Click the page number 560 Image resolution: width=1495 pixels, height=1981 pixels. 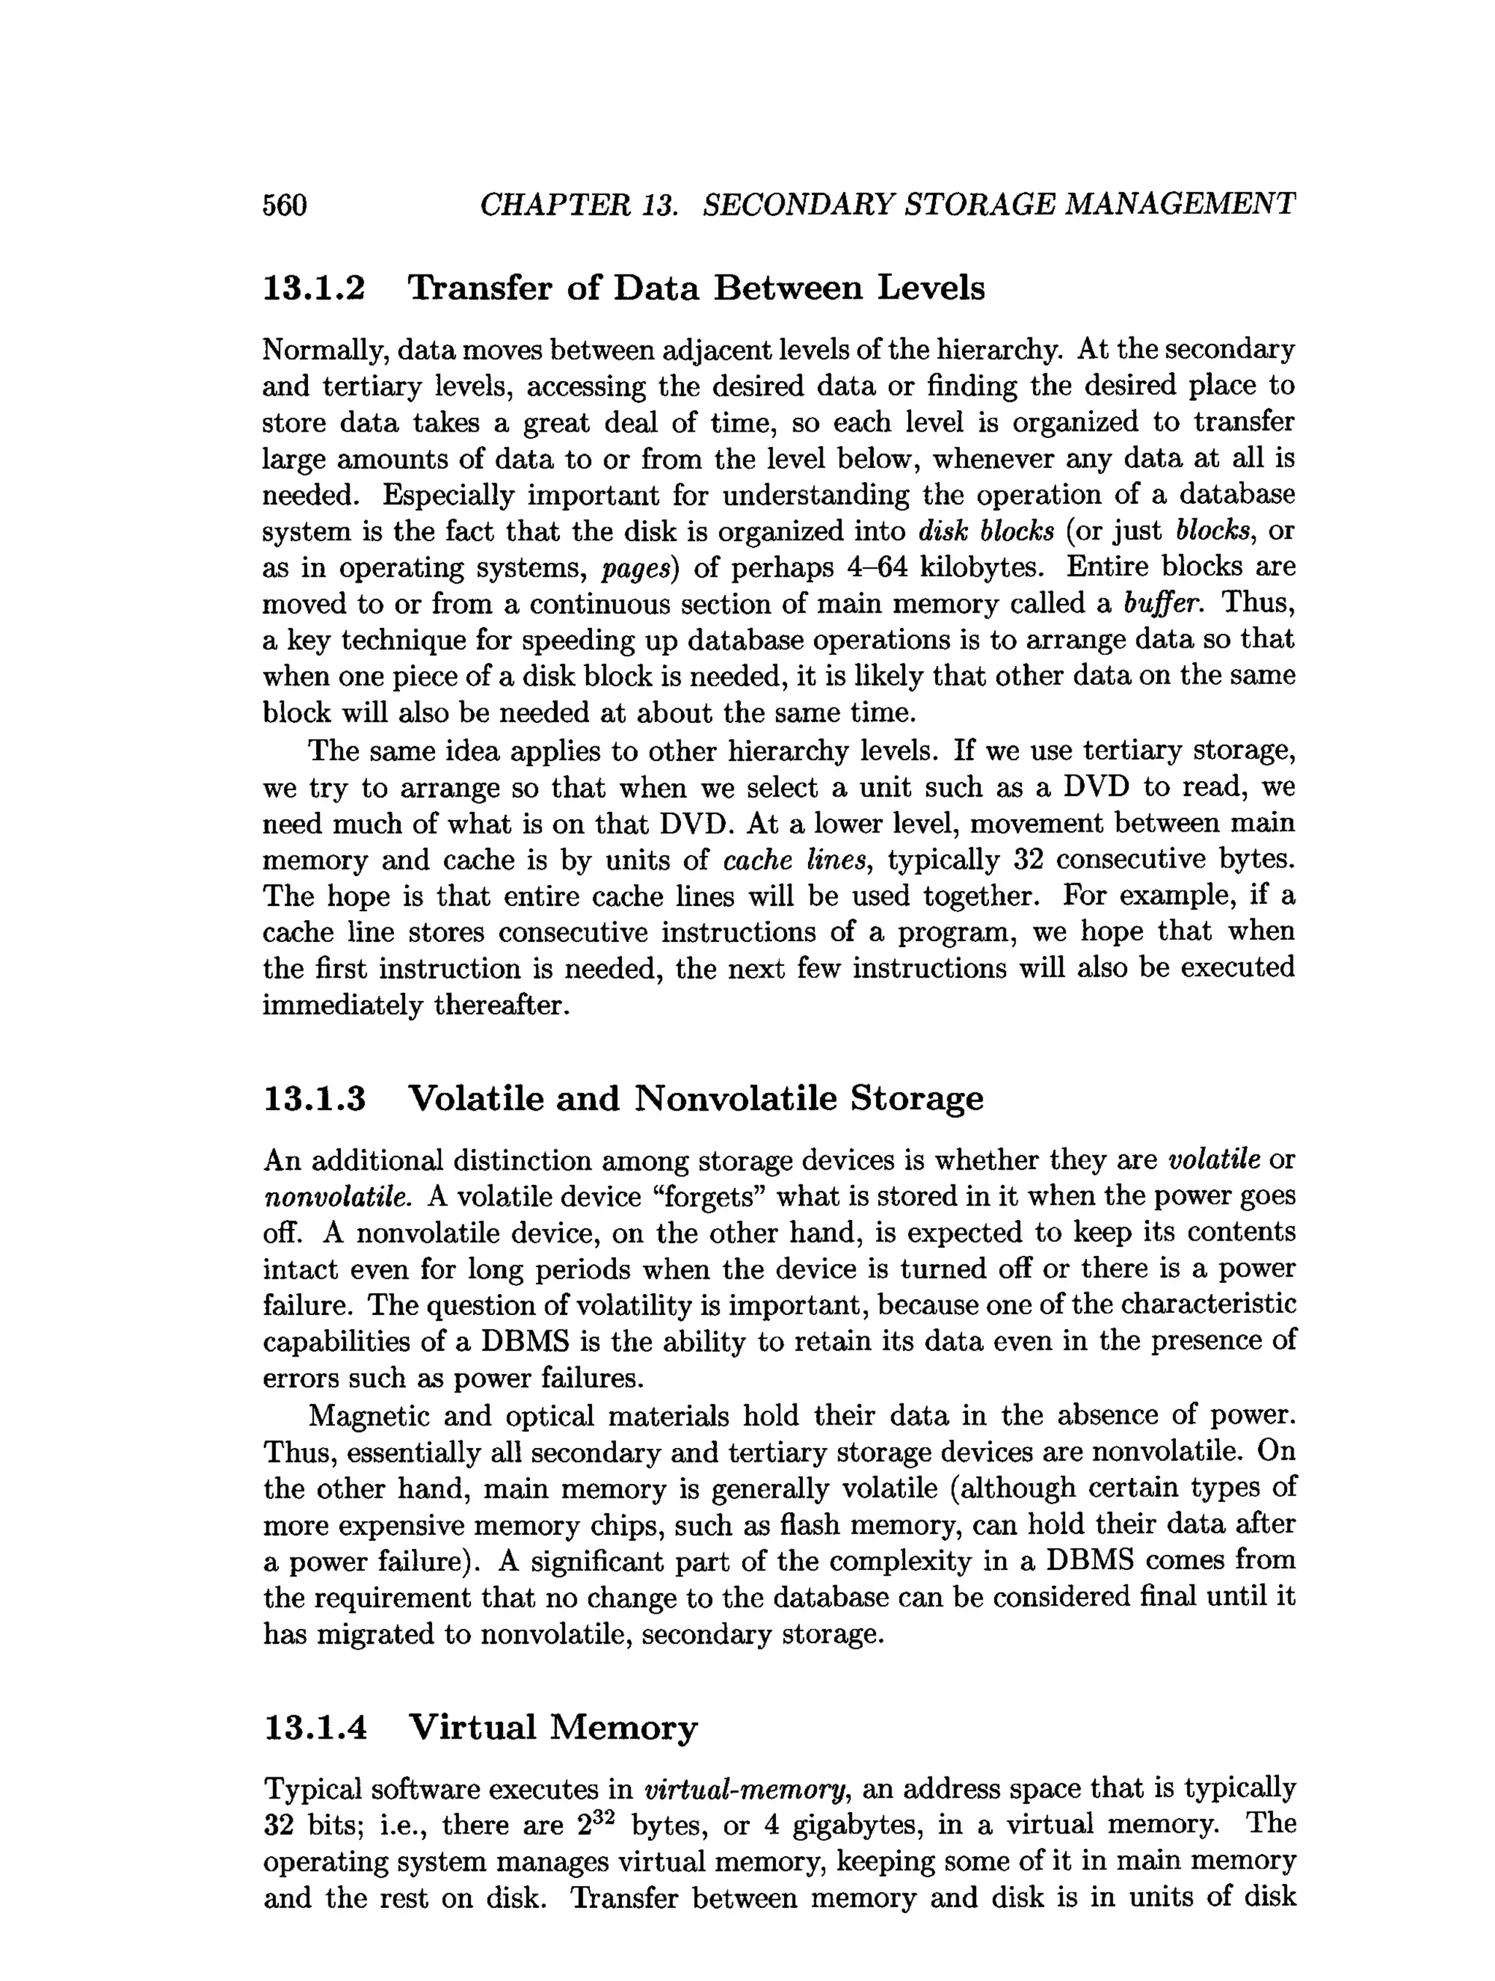click(x=285, y=205)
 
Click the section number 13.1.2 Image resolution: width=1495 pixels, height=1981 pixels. click(x=314, y=288)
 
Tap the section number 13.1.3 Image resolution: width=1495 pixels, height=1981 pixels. click(x=314, y=1098)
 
